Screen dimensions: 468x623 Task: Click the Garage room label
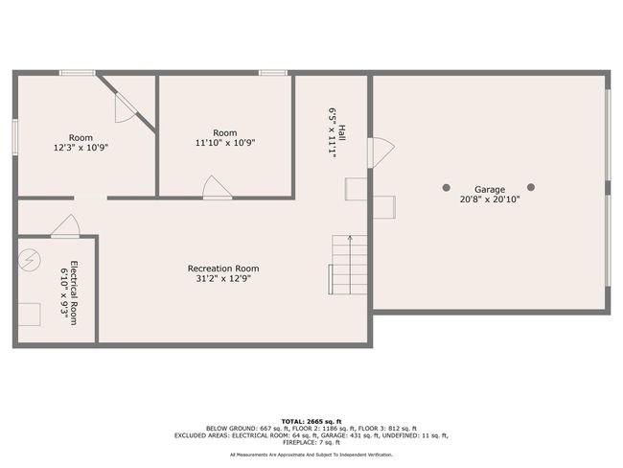[x=489, y=189]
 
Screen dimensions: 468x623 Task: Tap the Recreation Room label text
[x=223, y=269]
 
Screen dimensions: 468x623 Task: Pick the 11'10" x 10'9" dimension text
[x=224, y=143]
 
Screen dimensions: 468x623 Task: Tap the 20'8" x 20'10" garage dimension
[x=489, y=199]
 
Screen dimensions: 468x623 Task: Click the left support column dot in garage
[x=446, y=187]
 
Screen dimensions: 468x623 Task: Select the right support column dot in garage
[x=531, y=187]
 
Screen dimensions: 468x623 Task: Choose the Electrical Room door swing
[x=66, y=226]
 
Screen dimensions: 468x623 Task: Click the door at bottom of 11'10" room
[x=217, y=188]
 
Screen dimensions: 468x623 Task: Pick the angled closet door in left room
[x=125, y=107]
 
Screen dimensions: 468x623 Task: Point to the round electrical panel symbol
[x=31, y=259]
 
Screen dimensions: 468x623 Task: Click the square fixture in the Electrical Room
[x=30, y=315]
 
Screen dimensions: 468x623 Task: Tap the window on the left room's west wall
[x=14, y=135]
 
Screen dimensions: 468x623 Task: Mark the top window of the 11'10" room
[x=273, y=73]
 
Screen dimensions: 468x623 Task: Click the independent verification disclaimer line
[x=311, y=454]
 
